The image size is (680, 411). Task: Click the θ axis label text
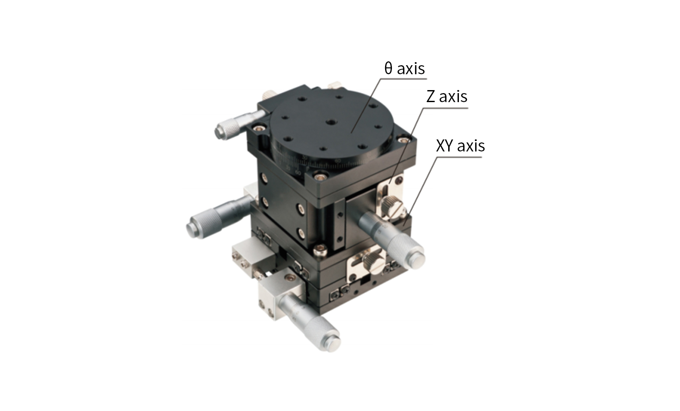[x=404, y=68]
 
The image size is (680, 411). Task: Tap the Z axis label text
[x=446, y=97]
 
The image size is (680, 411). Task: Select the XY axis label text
[x=460, y=145]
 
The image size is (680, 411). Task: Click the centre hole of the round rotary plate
[x=331, y=122]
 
